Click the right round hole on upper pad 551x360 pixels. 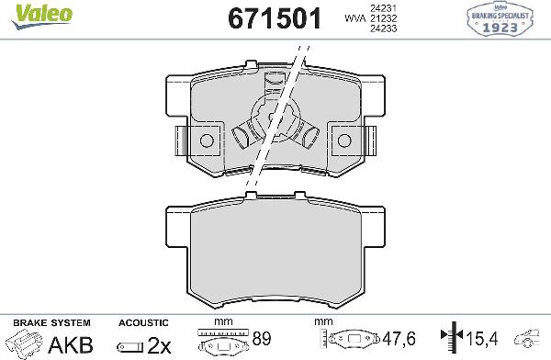point(345,141)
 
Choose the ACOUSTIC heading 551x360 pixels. point(143,322)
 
